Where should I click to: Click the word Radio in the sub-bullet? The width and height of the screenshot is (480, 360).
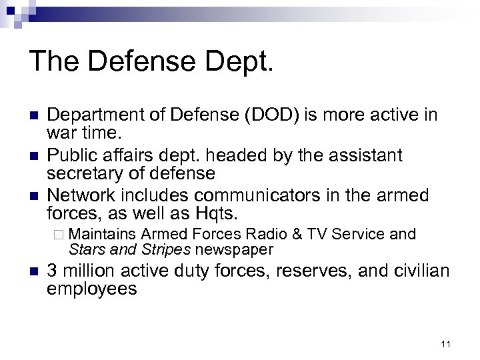[265, 234]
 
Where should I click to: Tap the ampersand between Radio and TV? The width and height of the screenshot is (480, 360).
[296, 234]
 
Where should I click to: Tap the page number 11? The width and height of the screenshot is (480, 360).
[446, 344]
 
